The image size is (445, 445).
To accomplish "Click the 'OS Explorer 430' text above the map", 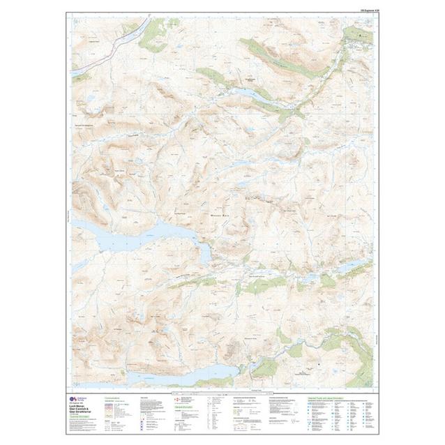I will (365, 10).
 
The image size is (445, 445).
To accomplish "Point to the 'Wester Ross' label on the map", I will (225, 216).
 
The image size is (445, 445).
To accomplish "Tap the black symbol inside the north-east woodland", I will (361, 33).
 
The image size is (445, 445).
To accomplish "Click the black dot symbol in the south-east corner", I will (318, 364).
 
